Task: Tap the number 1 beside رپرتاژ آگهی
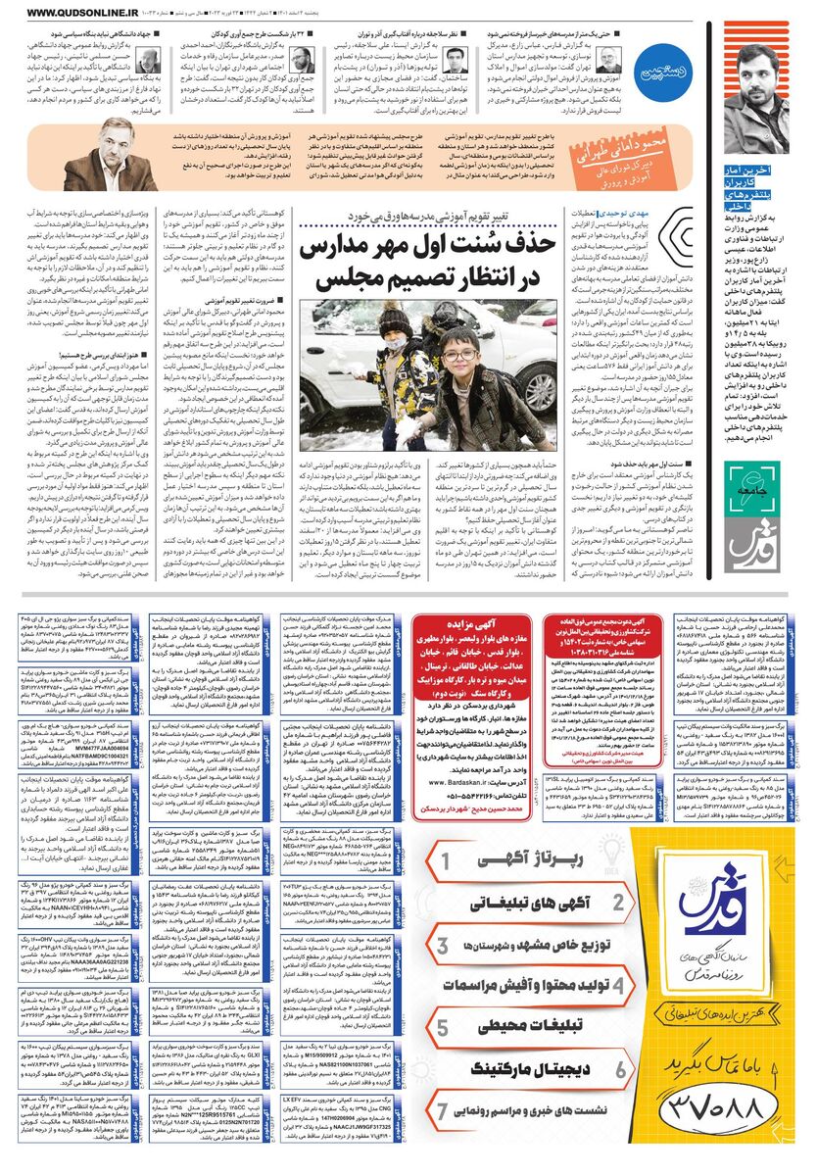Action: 445,861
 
